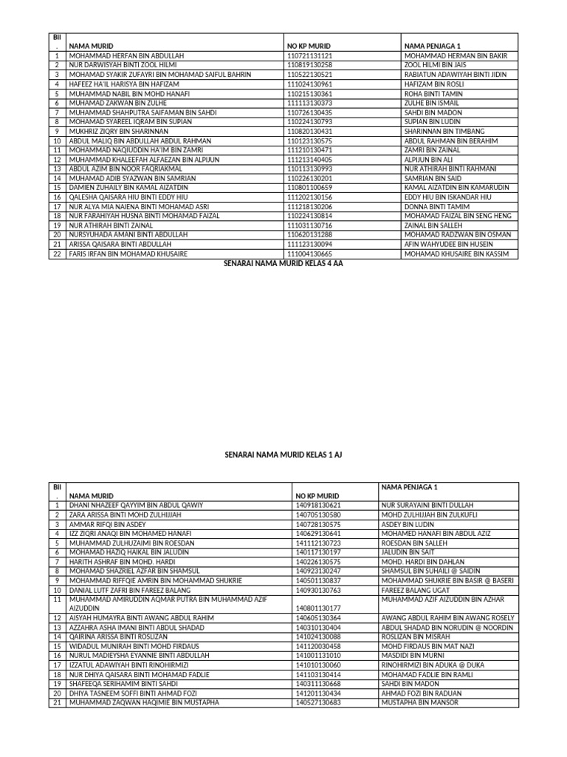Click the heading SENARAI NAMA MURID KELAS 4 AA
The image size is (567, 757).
pyautogui.click(x=283, y=262)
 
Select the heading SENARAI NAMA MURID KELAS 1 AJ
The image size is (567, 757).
pyautogui.click(x=283, y=456)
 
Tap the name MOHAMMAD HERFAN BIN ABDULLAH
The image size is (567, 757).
pyautogui.click(x=126, y=55)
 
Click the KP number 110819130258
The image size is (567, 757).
pyautogui.click(x=309, y=64)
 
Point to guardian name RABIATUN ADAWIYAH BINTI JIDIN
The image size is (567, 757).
pyautogui.click(x=456, y=75)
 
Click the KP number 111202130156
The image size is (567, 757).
pyautogui.click(x=309, y=197)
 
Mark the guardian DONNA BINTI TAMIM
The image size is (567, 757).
pyautogui.click(x=438, y=207)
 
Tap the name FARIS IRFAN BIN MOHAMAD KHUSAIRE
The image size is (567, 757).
pyautogui.click(x=128, y=254)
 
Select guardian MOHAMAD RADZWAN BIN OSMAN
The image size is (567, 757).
pyautogui.click(x=458, y=234)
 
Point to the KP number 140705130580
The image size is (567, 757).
pyautogui.click(x=318, y=514)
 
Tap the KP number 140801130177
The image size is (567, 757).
pyautogui.click(x=318, y=608)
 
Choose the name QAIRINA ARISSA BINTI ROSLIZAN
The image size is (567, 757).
pyautogui.click(x=118, y=636)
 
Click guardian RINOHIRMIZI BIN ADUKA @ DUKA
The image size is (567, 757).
pyautogui.click(x=433, y=665)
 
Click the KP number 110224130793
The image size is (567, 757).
pyautogui.click(x=309, y=122)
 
